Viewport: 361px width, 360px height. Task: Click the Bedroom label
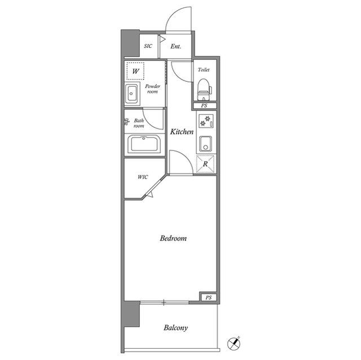pos(173,238)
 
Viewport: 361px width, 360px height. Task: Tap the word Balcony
pos(175,327)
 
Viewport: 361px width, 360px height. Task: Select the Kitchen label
pos(182,132)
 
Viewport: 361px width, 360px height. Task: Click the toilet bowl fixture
pos(204,90)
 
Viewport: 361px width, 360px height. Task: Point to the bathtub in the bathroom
pos(144,144)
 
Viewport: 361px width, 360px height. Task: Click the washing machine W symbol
pos(135,71)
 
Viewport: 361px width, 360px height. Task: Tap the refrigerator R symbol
pos(205,164)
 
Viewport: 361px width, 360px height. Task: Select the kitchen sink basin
pos(205,144)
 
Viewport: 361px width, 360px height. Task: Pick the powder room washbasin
pos(131,94)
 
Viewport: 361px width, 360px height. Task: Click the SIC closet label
pos(148,46)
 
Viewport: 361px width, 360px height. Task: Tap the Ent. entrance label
pos(175,46)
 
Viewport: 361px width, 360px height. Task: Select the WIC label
pos(143,177)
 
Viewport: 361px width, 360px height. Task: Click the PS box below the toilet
pos(204,106)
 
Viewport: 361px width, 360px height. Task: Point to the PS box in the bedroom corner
pos(208,297)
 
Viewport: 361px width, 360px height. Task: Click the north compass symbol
pos(234,344)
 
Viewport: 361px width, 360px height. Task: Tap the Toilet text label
pos(204,70)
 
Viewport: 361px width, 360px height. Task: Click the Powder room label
pos(152,89)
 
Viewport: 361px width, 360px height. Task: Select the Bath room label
pos(139,123)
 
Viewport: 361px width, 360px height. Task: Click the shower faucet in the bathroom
pos(126,121)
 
